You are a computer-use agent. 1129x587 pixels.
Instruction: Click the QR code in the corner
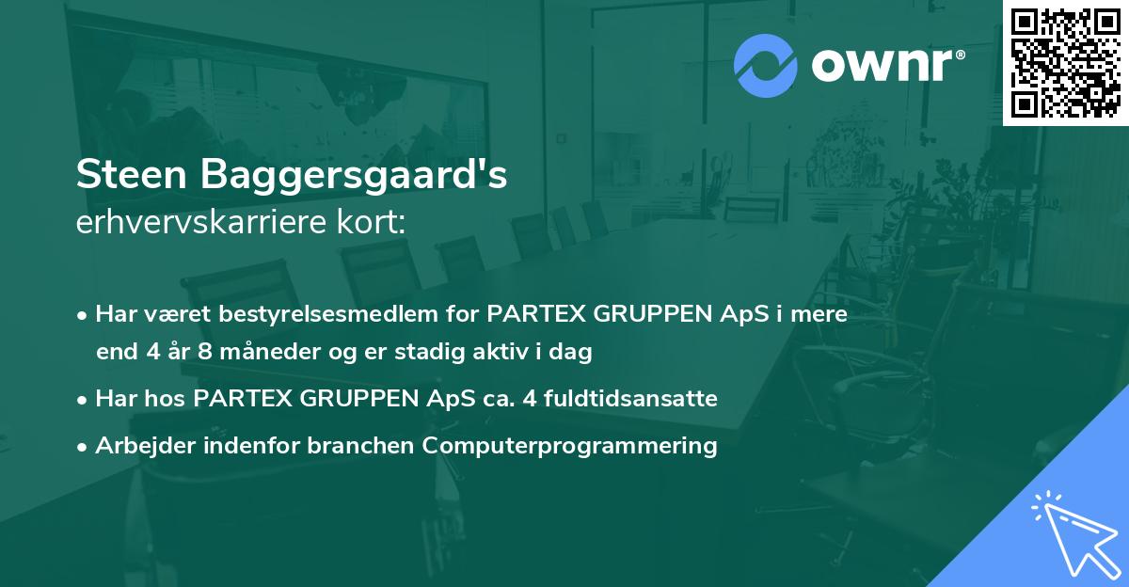point(1065,62)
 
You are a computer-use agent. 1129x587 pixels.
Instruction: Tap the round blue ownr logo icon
point(766,66)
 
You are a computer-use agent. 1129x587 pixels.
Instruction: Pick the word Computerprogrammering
point(570,446)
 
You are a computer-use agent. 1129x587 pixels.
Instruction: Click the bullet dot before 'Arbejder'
point(84,447)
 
